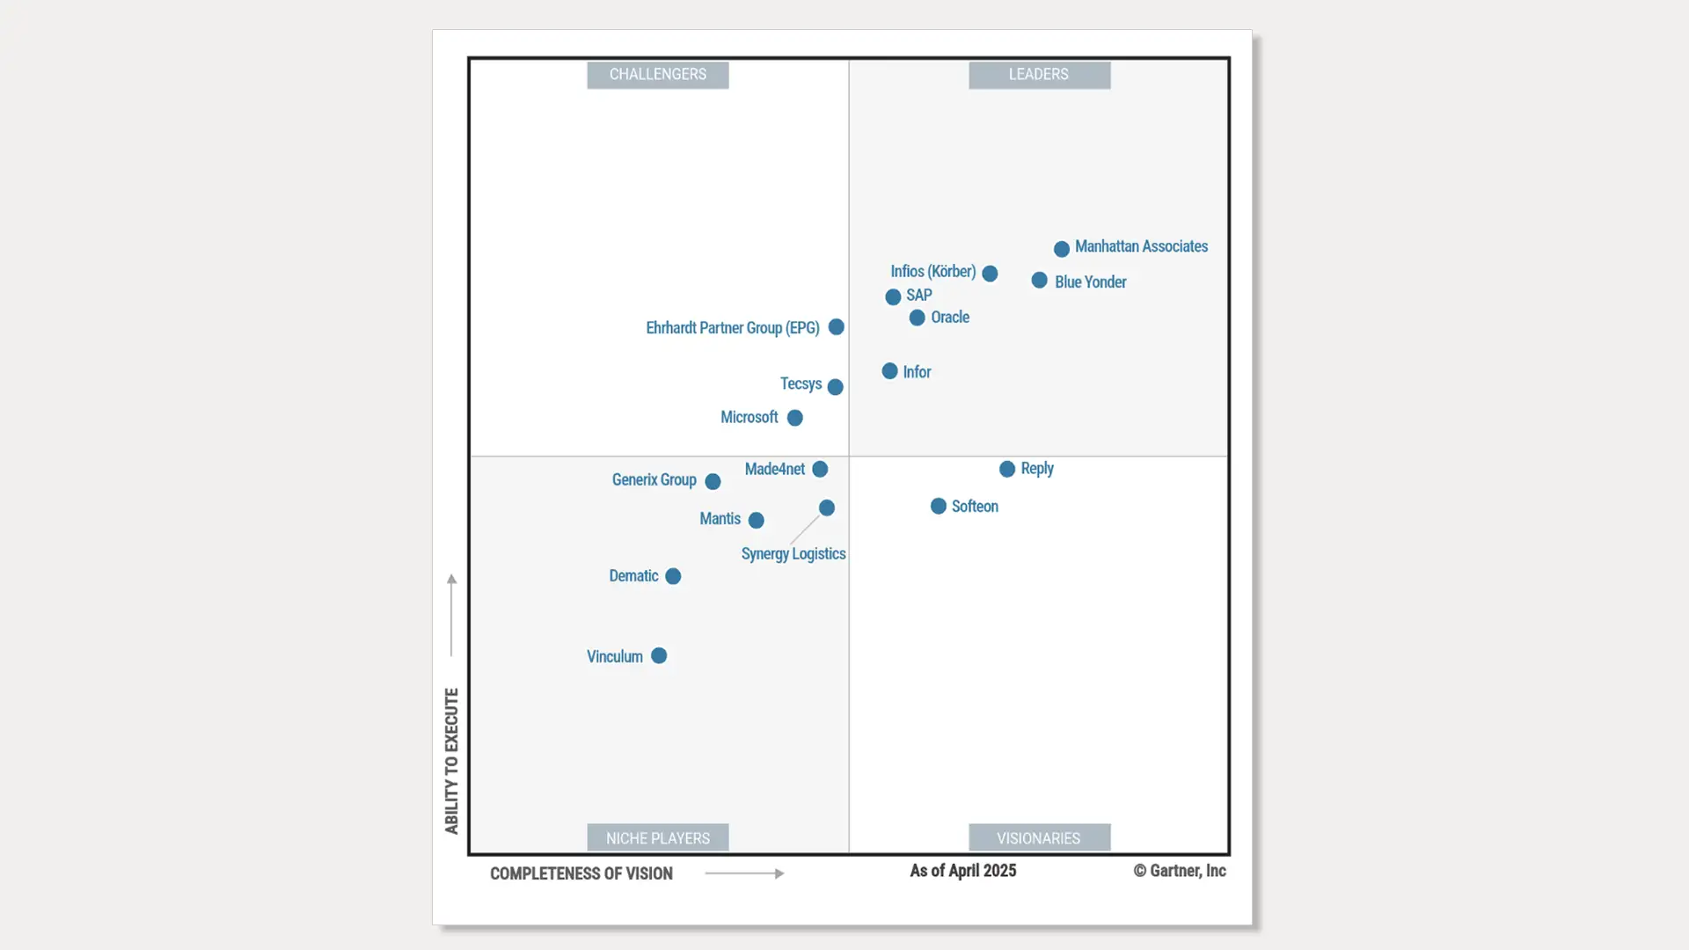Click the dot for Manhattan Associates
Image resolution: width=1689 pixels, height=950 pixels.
(x=1062, y=249)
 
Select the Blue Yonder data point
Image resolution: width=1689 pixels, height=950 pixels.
(x=1040, y=281)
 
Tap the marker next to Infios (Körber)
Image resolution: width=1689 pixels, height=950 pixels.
(x=990, y=274)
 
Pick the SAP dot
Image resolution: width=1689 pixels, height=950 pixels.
(x=893, y=297)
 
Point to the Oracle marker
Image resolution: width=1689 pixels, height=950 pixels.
(x=917, y=318)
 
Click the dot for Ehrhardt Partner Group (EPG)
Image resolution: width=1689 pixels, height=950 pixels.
(x=837, y=327)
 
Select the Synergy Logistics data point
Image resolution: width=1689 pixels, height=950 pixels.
(x=827, y=508)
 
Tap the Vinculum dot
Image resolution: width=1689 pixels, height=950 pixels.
(x=659, y=656)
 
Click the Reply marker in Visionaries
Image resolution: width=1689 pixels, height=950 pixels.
(x=1007, y=470)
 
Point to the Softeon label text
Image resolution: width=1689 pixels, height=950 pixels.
(x=975, y=507)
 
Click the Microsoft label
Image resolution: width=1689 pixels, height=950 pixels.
(x=749, y=418)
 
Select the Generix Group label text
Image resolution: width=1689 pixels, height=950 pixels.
(x=654, y=480)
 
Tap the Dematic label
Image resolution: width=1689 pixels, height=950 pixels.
(x=633, y=576)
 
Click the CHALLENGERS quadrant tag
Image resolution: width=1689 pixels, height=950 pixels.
(x=658, y=75)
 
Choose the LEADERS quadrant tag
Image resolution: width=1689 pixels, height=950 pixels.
(x=1039, y=75)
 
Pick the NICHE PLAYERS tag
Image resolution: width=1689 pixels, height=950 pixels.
(x=658, y=838)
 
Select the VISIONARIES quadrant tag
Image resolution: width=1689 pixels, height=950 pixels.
(x=1039, y=838)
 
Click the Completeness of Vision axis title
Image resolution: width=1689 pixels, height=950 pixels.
(x=581, y=873)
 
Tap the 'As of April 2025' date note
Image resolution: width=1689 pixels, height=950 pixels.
(x=963, y=871)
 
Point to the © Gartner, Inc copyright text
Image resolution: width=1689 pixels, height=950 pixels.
(x=1180, y=871)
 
